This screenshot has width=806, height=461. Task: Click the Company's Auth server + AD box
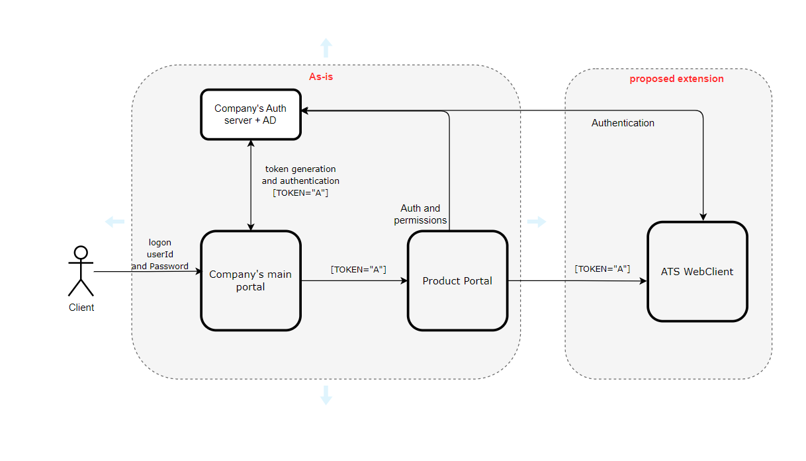point(250,114)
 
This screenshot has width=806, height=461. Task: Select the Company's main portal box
point(250,280)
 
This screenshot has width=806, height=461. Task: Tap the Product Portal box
point(457,280)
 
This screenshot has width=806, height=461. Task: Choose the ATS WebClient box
point(697,271)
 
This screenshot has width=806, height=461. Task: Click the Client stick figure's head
point(81,252)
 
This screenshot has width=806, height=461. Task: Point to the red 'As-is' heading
point(321,77)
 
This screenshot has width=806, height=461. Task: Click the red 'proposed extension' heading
point(676,79)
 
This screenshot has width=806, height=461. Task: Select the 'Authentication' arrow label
point(623,123)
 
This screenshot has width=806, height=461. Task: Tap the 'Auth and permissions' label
point(420,214)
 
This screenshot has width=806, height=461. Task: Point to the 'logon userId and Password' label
point(159,255)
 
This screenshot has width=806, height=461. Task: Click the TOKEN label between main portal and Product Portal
point(358,269)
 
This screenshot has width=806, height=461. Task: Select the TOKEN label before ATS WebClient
point(602,269)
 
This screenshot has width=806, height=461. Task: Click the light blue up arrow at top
point(326,47)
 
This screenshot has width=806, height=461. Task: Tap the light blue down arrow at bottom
point(326,395)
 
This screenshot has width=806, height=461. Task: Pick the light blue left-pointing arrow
point(114,222)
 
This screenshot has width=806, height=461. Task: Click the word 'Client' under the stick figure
point(81,308)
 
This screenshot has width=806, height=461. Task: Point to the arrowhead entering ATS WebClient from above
point(703,217)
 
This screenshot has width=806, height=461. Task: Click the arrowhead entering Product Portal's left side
point(404,280)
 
